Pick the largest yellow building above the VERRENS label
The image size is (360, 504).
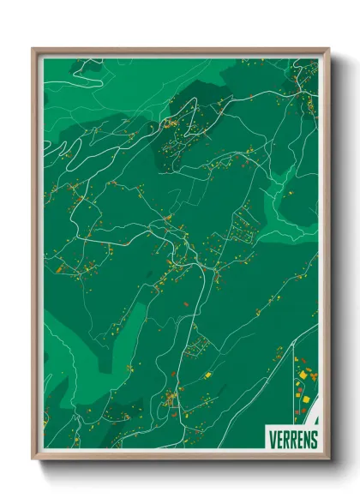pyautogui.click(x=302, y=396)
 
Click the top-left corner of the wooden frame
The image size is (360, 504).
pyautogui.click(x=34, y=50)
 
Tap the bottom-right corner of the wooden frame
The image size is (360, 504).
pyautogui.click(x=328, y=460)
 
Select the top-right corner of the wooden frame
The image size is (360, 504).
pyautogui.click(x=328, y=50)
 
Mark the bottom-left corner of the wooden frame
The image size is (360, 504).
pyautogui.click(x=34, y=460)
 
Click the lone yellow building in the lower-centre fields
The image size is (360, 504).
pyautogui.click(x=207, y=375)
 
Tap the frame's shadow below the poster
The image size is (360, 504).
pyautogui.click(x=182, y=468)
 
